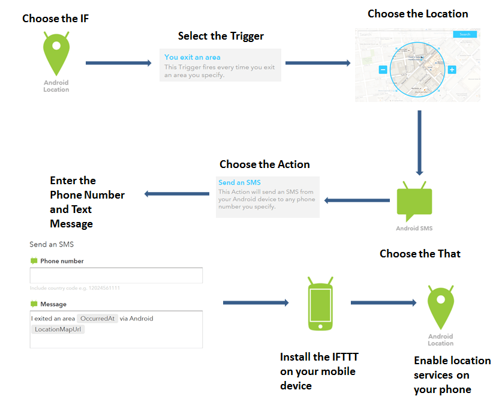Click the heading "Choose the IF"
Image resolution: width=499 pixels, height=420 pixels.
coord(56,19)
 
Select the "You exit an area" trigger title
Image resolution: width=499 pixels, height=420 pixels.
coord(193,58)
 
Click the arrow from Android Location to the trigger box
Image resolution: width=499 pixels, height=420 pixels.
coord(118,62)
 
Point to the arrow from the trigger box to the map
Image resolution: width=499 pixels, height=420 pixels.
coord(317,62)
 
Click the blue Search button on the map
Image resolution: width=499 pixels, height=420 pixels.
coord(465,34)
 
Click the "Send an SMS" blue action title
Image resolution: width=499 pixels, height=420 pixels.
coord(239,182)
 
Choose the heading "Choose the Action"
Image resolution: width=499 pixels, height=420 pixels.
coord(264,164)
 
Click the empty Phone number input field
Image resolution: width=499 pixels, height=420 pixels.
coord(116,275)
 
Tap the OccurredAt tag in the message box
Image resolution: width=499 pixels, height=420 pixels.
coord(97,319)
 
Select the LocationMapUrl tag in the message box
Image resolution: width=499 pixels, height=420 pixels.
coord(58,329)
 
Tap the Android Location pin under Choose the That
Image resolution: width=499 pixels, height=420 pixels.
coord(440,307)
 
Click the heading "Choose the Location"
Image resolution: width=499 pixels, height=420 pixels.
coord(418,14)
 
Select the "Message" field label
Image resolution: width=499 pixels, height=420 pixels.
coord(53,304)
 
